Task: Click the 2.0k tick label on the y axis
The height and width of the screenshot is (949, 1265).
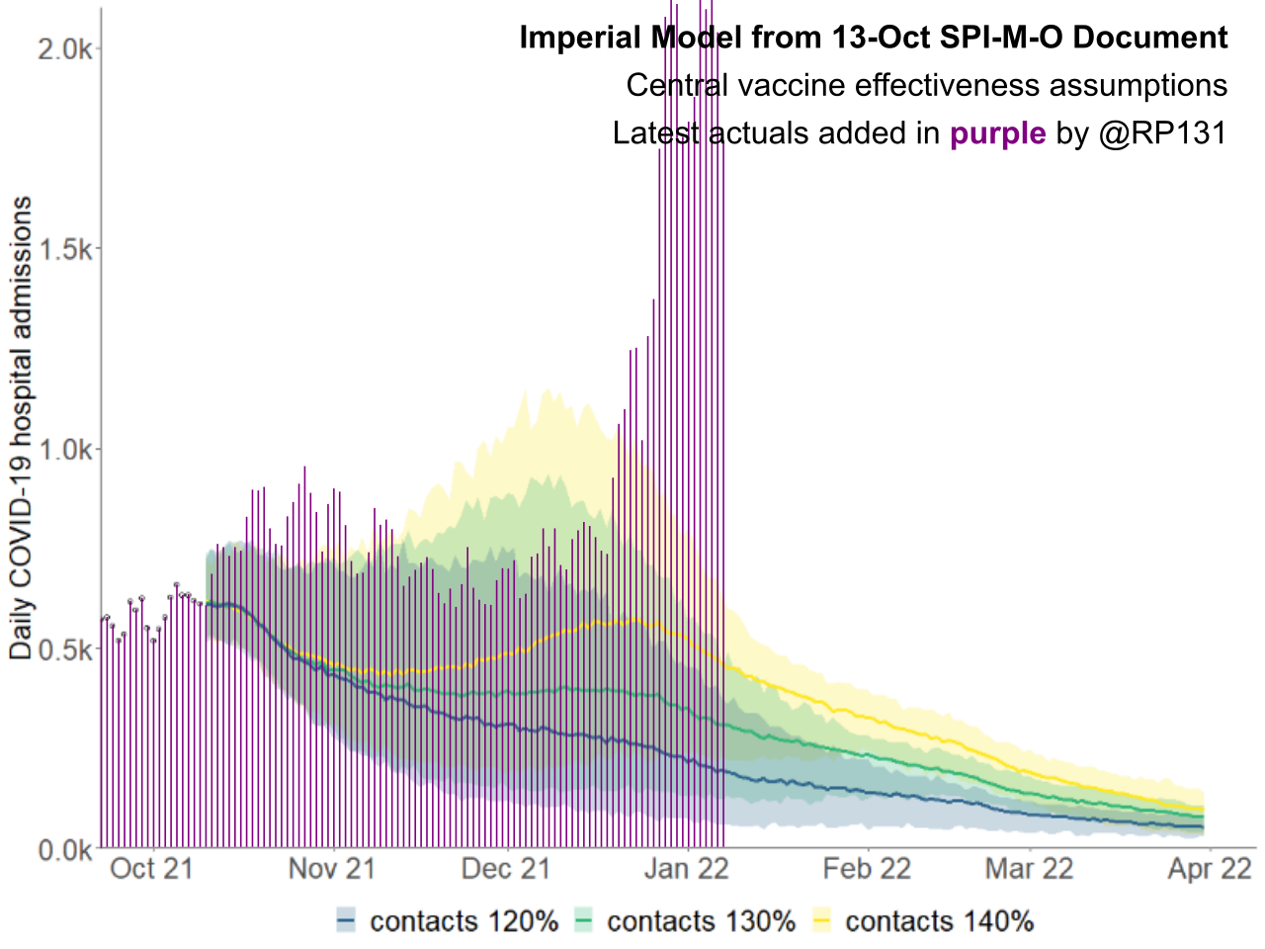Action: (64, 48)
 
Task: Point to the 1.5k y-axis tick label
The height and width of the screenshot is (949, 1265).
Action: (64, 249)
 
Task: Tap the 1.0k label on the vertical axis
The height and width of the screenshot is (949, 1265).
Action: (64, 450)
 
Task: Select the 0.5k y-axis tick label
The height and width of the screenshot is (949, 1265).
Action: (64, 649)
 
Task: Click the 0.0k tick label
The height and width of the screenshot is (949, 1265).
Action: (64, 849)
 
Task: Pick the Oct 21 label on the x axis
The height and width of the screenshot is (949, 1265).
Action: (151, 869)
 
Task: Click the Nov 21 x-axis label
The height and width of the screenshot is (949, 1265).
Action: (332, 869)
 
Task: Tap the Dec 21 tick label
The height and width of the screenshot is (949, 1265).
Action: (506, 869)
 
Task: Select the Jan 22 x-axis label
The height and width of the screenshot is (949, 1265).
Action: (686, 869)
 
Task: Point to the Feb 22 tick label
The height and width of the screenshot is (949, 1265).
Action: (867, 869)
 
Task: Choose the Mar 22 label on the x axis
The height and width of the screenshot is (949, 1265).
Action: (1029, 869)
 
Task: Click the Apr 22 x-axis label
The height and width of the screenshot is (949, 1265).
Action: (1210, 869)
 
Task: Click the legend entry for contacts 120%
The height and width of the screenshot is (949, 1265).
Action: (447, 921)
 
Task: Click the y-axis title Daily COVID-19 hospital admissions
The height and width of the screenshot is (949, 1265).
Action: (22, 427)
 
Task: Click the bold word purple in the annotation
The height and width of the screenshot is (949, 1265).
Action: (997, 133)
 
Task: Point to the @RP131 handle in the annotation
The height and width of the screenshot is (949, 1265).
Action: (1162, 133)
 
